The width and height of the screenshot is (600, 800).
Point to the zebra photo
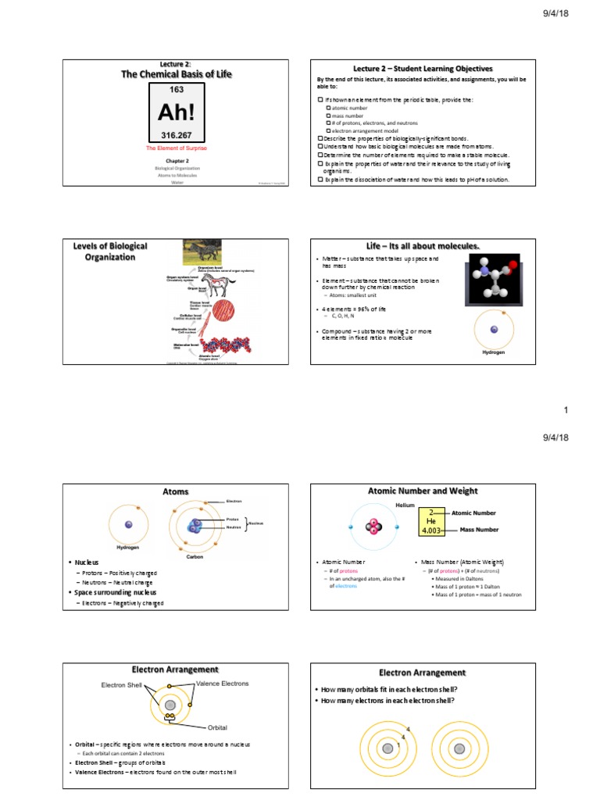pyautogui.click(x=207, y=252)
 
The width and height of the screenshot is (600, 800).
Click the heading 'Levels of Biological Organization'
pyautogui.click(x=110, y=252)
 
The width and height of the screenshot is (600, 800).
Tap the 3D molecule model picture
pyautogui.click(x=492, y=280)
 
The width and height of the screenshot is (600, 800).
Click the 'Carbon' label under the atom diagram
pyautogui.click(x=195, y=557)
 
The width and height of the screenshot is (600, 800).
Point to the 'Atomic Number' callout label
pyautogui.click(x=478, y=513)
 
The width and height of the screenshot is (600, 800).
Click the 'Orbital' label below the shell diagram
pyautogui.click(x=217, y=727)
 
